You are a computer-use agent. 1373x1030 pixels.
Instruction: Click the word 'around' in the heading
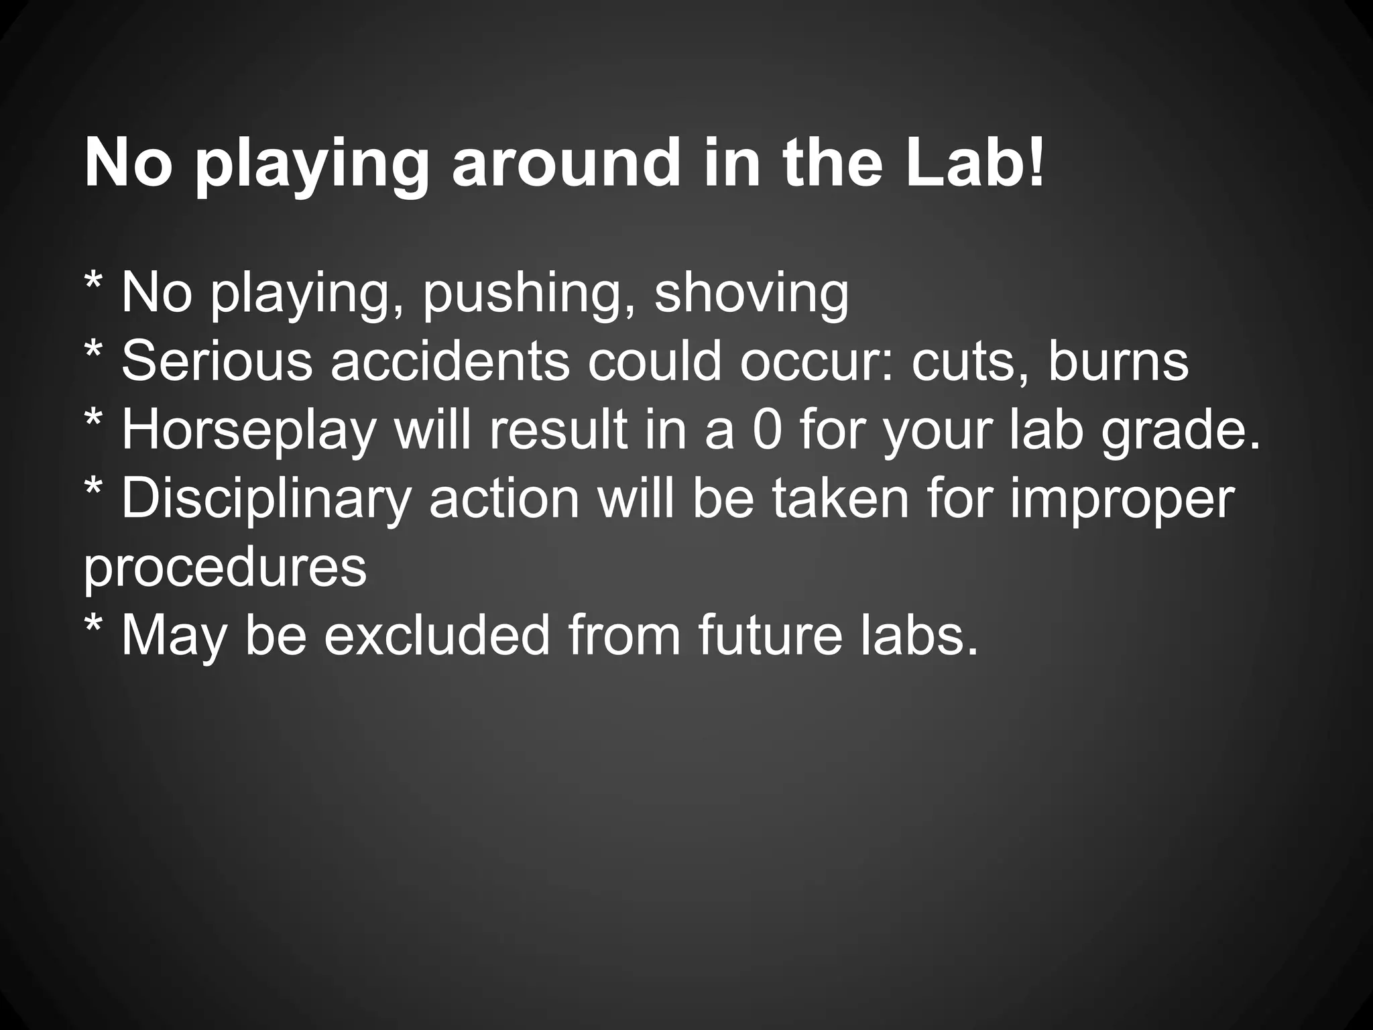click(x=567, y=164)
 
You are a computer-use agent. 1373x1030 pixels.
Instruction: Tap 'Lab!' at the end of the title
click(x=975, y=164)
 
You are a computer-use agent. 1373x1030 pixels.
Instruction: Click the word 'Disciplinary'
click(x=265, y=500)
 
